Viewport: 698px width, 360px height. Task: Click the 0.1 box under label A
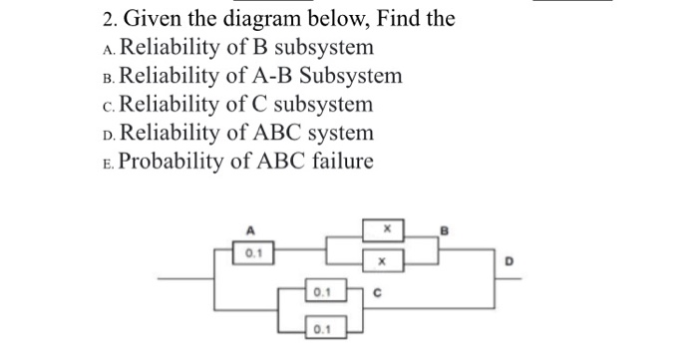pos(253,254)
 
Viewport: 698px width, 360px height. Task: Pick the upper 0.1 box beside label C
pos(320,294)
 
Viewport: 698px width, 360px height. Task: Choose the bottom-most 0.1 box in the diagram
pos(320,328)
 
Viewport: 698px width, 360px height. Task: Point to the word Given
pos(155,18)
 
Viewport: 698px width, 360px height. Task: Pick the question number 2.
pos(107,18)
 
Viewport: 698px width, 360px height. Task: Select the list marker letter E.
pos(107,164)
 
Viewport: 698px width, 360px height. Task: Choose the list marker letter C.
pos(107,106)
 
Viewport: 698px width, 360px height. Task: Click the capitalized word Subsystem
pos(348,76)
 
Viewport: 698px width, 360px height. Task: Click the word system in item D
pos(336,133)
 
